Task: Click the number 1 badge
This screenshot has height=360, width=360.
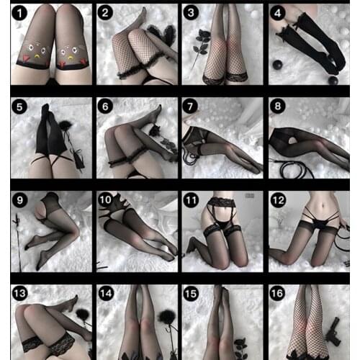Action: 19,13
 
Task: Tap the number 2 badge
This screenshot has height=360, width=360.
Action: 105,13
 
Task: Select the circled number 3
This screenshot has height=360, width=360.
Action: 191,13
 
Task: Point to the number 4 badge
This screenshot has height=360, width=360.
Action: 276,13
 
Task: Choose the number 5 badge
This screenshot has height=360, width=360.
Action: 19,107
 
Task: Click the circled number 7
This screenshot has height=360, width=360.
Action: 191,107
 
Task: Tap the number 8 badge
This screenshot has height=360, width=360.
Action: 276,107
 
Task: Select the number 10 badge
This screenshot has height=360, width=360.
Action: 105,199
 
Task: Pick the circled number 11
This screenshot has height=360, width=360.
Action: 191,199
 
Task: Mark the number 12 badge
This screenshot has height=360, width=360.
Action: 276,199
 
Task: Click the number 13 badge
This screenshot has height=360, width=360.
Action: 19,293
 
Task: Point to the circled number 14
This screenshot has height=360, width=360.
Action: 105,293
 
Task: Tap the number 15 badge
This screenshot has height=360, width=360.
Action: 191,293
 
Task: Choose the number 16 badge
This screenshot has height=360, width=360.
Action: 276,293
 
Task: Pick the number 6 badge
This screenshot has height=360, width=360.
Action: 105,107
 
